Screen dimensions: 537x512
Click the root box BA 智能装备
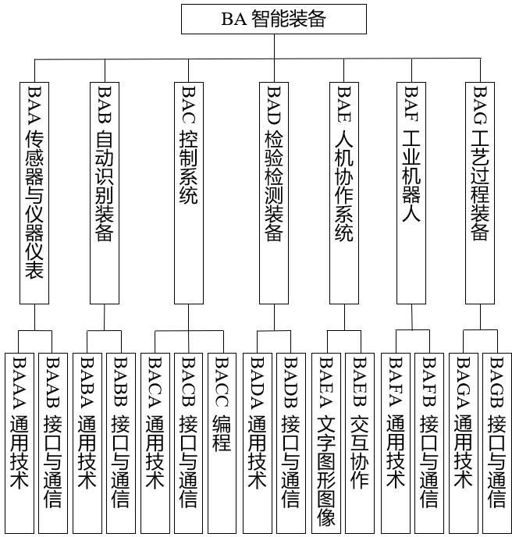coord(273,19)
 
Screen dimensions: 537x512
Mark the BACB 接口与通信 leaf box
coord(188,443)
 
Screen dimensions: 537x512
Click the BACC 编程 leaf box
coord(222,443)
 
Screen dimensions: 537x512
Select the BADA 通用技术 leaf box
coord(258,443)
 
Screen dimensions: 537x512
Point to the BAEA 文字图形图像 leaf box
coord(325,443)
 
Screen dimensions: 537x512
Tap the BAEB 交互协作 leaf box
coord(360,443)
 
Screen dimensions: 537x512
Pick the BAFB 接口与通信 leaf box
coord(428,443)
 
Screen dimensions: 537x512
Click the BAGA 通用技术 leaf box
coord(464,443)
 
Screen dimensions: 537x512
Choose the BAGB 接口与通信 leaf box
coord(497,443)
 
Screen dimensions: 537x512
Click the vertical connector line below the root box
coord(273,46)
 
